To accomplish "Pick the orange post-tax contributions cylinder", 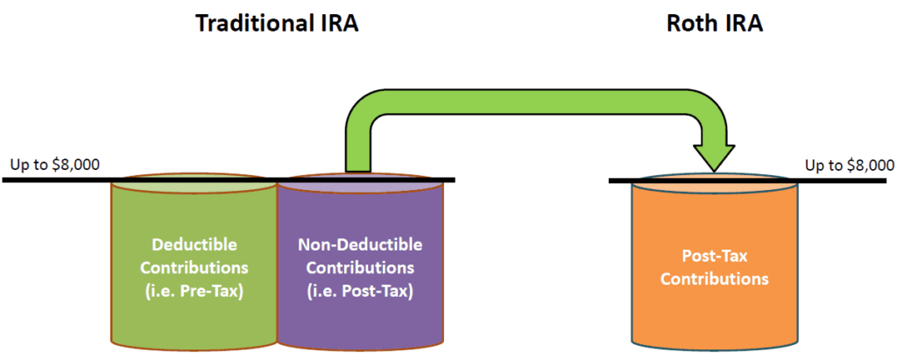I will click(x=714, y=315).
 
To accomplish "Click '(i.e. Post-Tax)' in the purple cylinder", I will click(x=359, y=286).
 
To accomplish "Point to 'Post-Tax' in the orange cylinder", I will click(x=714, y=258).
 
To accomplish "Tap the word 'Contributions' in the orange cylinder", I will click(x=714, y=279).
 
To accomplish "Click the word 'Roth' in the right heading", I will click(x=689, y=24).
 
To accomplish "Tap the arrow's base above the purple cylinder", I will click(x=358, y=158).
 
